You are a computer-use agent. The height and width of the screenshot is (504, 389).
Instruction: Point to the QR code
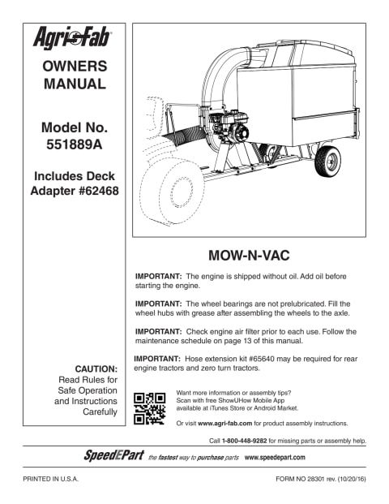pyautogui.click(x=150, y=408)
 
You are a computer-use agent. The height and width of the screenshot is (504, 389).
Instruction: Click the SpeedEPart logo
pyautogui.click(x=113, y=454)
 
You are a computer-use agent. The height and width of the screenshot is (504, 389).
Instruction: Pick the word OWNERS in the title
pyautogui.click(x=74, y=66)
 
